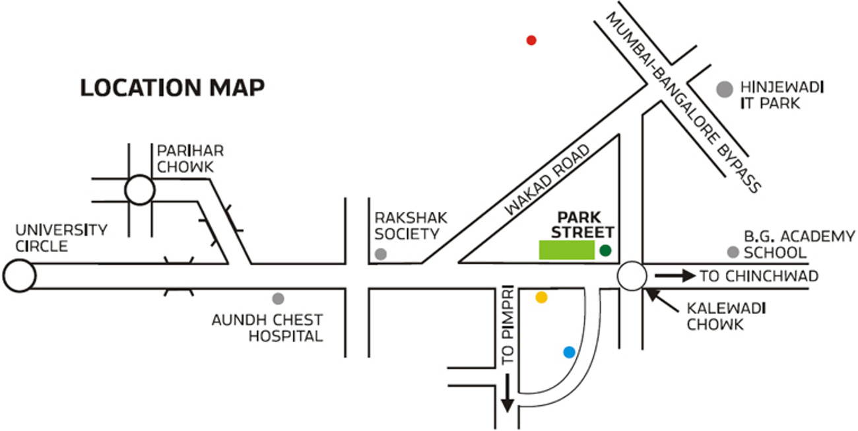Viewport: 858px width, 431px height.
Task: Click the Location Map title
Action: click(172, 88)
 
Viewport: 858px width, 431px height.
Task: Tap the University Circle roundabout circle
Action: click(18, 276)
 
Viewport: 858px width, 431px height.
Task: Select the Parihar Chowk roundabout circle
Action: click(139, 190)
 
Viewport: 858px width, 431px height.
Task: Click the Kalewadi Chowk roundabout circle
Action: click(632, 276)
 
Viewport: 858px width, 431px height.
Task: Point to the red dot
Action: click(531, 40)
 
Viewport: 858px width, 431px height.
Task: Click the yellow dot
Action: click(541, 297)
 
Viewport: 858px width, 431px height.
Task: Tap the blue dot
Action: click(569, 352)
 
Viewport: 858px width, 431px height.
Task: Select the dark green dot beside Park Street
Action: click(605, 250)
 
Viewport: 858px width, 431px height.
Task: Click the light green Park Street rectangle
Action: click(567, 250)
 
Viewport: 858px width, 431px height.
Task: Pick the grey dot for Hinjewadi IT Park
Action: click(725, 89)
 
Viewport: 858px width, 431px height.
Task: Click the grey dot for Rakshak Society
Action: click(380, 253)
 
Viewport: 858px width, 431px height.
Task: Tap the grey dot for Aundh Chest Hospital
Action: click(279, 298)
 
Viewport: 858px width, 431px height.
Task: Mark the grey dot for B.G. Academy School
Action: click(733, 251)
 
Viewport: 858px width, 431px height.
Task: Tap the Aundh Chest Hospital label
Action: click(267, 328)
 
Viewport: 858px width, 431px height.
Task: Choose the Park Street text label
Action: click(583, 224)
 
